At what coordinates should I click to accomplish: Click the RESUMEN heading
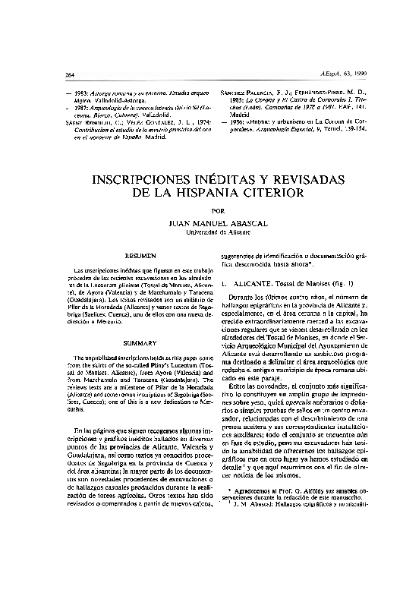point(140,257)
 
